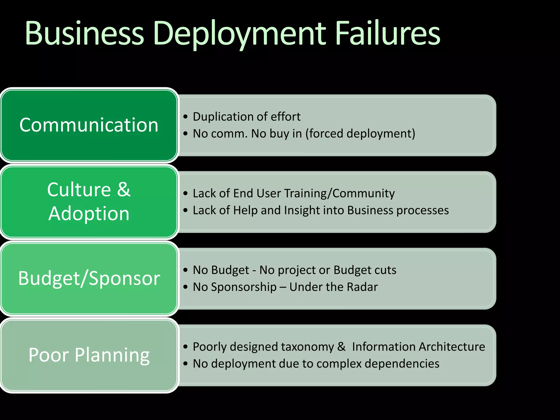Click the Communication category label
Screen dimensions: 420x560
(89, 125)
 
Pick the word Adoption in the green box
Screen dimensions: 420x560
(89, 214)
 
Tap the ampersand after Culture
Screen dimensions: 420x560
(124, 189)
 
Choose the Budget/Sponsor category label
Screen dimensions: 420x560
(89, 278)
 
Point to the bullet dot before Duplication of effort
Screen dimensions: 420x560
(186, 117)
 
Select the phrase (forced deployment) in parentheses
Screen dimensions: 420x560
(360, 134)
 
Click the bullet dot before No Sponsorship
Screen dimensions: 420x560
(186, 287)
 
